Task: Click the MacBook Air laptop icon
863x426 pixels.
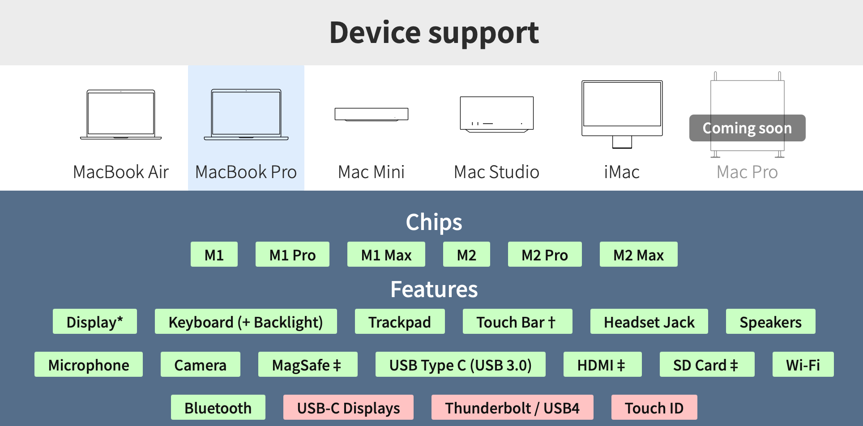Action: coord(121,115)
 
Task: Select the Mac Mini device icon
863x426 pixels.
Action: coord(372,114)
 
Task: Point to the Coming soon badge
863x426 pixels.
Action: coord(747,128)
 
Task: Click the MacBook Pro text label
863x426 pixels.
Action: coord(246,172)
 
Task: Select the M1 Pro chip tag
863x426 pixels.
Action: coord(292,255)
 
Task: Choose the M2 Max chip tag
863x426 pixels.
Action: coord(638,255)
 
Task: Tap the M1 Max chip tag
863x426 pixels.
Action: coord(386,255)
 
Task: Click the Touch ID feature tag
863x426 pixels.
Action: coord(654,408)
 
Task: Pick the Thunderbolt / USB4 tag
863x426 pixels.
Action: coord(512,408)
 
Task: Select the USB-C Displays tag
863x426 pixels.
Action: coord(348,408)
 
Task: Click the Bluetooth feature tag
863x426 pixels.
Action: coord(218,408)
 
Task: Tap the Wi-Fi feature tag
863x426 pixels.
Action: coord(803,365)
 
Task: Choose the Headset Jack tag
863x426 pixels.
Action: coord(649,322)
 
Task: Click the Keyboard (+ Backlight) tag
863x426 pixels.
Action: coord(246,322)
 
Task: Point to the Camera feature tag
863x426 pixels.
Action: coord(200,365)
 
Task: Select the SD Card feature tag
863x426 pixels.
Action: coord(707,365)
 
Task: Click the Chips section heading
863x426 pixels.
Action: coord(434,222)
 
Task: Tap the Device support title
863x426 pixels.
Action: coord(434,33)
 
